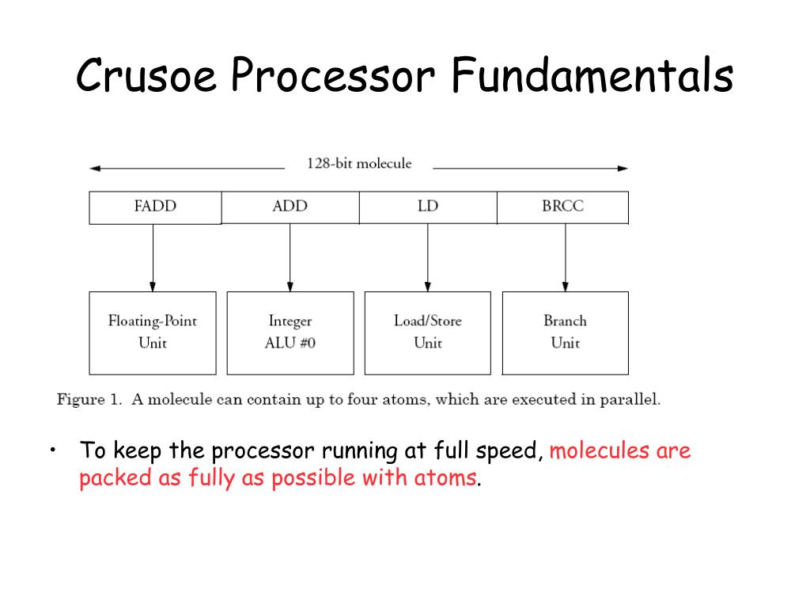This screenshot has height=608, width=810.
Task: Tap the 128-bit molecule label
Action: [x=359, y=164]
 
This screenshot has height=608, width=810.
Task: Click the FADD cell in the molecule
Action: [x=155, y=207]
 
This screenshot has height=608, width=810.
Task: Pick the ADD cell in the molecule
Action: [x=290, y=207]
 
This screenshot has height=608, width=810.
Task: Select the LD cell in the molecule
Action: [x=427, y=207]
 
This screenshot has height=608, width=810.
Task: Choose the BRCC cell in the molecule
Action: [x=562, y=207]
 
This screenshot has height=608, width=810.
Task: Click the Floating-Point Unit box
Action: [x=153, y=332]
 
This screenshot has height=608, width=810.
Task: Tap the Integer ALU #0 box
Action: [x=290, y=332]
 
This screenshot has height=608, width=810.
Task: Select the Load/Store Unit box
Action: [x=427, y=332]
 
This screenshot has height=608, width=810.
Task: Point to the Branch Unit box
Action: [x=565, y=332]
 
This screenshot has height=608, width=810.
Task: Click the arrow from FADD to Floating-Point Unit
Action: [x=153, y=257]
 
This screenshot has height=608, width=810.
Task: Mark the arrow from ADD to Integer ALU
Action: [x=290, y=257]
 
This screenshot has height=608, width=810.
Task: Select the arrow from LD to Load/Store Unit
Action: [x=427, y=257]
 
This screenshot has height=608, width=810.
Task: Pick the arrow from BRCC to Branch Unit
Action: [x=565, y=257]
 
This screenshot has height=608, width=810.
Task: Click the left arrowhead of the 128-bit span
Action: [x=94, y=168]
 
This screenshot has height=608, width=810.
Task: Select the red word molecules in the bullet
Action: [x=598, y=451]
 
